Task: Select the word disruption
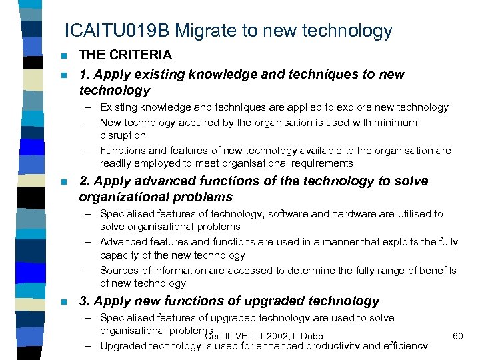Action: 123,135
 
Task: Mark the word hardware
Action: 361,214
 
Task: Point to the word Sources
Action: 117,271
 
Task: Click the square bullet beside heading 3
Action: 63,302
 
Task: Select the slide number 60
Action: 457,335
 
